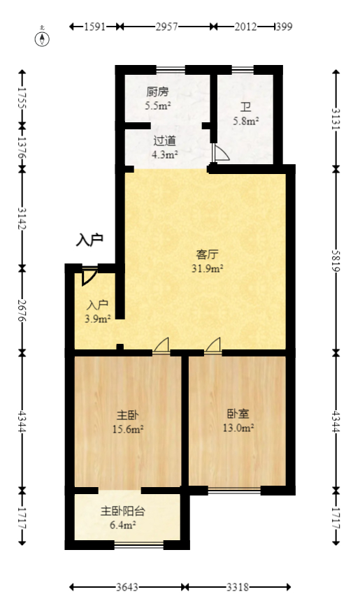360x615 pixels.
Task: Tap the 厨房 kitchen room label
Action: pyautogui.click(x=157, y=92)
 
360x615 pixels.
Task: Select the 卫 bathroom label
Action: pyautogui.click(x=246, y=108)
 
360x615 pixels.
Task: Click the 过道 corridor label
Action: pyautogui.click(x=165, y=140)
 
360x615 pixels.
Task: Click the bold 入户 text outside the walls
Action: pyautogui.click(x=89, y=240)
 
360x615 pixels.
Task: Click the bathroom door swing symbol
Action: pyautogui.click(x=218, y=153)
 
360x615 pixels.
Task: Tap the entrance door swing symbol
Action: pyautogui.click(x=89, y=277)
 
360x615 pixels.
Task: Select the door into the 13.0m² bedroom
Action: pyautogui.click(x=213, y=345)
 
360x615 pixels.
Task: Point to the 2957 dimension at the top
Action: pyautogui.click(x=166, y=27)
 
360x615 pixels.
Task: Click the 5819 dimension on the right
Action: pyautogui.click(x=336, y=260)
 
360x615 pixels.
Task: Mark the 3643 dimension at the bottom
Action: pyautogui.click(x=127, y=588)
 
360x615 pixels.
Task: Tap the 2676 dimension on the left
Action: pyautogui.click(x=23, y=309)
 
